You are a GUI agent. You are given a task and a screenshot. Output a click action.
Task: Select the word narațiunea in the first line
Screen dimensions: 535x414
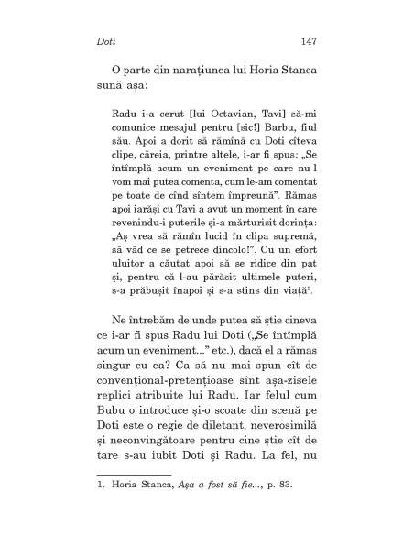(x=201, y=72)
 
